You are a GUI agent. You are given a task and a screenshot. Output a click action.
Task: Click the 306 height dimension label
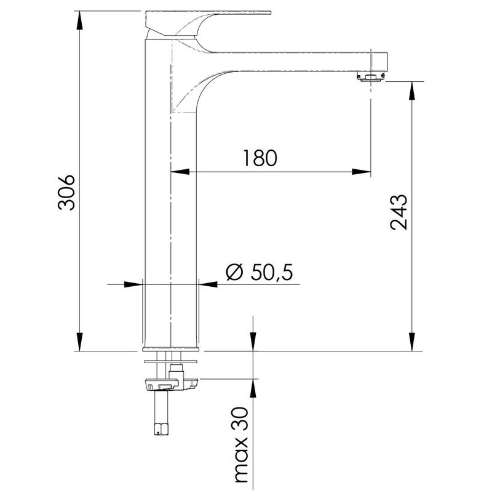67,193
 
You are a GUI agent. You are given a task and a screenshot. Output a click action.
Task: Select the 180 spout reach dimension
260,158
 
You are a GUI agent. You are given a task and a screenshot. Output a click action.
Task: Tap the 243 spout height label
399,212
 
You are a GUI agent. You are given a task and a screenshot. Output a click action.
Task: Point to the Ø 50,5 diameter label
260,272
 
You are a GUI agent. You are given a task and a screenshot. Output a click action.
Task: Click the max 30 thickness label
242,449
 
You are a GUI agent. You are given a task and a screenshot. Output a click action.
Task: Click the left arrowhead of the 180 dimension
180,172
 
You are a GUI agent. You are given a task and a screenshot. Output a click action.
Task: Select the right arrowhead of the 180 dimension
361,172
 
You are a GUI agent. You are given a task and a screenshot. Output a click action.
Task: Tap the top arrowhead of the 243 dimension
412,91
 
